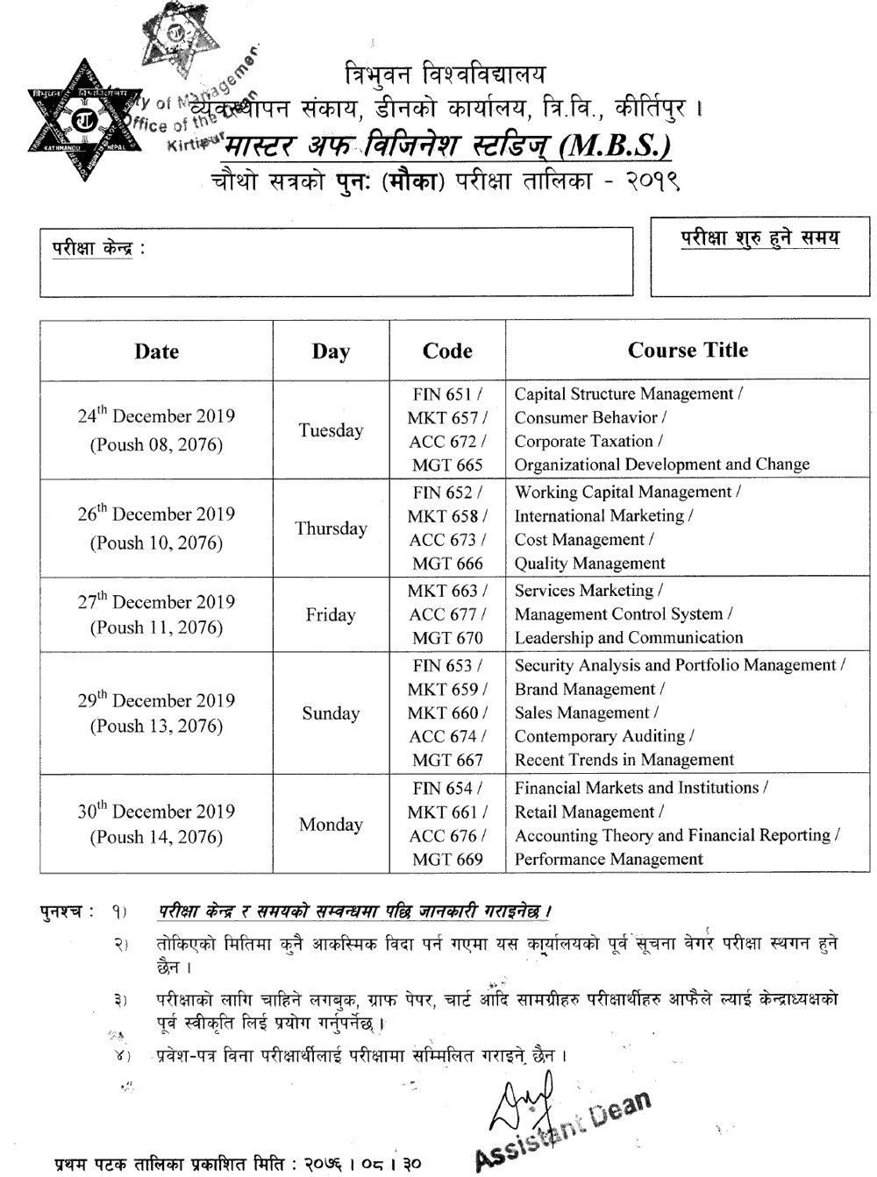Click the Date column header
click(x=156, y=351)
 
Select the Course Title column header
click(x=688, y=351)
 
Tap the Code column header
click(x=447, y=351)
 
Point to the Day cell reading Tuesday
click(x=331, y=430)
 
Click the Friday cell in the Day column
click(x=331, y=615)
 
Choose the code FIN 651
click(x=446, y=394)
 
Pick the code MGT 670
click(x=447, y=638)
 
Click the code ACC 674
click(x=447, y=737)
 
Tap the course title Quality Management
click(x=589, y=564)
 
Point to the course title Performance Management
click(x=609, y=860)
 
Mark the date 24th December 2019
click(x=156, y=416)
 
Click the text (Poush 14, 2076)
click(x=156, y=838)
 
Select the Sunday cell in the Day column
click(x=331, y=713)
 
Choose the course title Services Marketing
click(x=588, y=592)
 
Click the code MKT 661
click(x=447, y=812)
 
